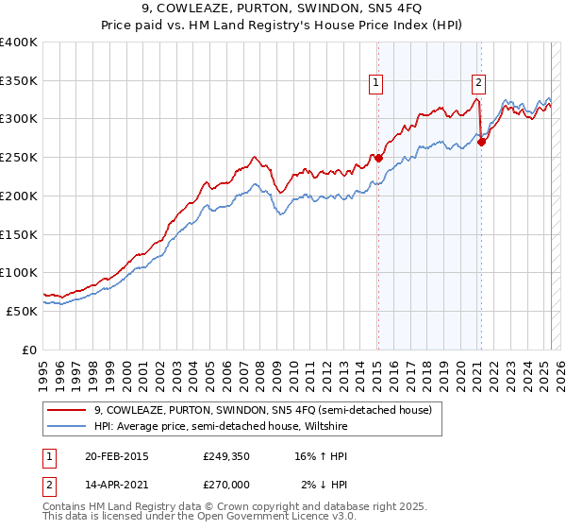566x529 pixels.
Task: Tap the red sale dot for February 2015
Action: [378, 159]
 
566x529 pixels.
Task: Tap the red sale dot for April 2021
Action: [481, 143]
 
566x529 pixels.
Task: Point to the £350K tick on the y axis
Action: [19, 81]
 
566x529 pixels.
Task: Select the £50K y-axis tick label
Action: [23, 311]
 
